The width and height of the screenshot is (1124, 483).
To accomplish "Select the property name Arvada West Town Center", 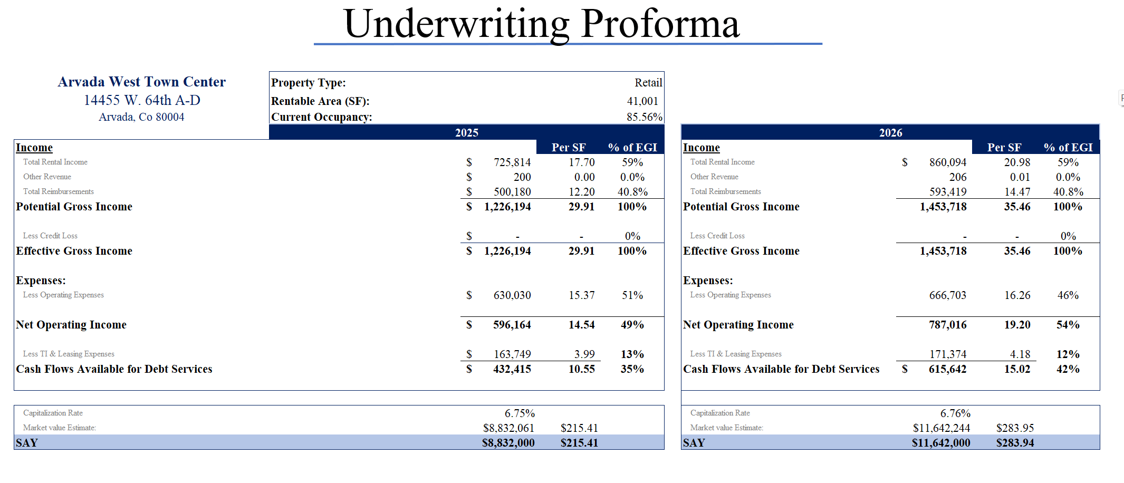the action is coord(141,82).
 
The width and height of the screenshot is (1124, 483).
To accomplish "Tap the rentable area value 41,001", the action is coord(642,101).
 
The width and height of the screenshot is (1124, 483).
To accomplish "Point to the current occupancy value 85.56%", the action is coord(644,117).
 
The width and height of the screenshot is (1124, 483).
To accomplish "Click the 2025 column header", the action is coord(466,133).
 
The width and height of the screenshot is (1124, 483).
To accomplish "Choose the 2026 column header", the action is coord(890,133).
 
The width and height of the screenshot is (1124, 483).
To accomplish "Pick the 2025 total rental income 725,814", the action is coord(512,162).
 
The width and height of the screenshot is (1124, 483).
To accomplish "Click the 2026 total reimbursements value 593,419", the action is coord(948,192).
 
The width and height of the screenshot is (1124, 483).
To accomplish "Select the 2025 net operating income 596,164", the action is coord(512,325).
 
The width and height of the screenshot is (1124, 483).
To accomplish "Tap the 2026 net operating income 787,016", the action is coord(947,325).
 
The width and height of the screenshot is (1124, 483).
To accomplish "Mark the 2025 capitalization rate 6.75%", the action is coord(520,413).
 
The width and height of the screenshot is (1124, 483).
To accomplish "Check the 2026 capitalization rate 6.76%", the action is coord(955,413).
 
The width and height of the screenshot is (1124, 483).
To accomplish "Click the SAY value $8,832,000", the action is coord(508,443).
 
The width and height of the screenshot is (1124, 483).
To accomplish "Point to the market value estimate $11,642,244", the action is coord(941,428).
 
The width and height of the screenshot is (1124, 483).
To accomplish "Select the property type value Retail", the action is coord(648,83).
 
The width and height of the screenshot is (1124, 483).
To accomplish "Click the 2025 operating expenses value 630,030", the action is coord(512,295).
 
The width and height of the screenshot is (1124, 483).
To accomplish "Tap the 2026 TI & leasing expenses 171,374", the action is coord(948,354).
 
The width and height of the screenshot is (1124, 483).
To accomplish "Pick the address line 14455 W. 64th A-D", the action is coord(142,100).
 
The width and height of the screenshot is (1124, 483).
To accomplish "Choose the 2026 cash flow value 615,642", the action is coord(947,369).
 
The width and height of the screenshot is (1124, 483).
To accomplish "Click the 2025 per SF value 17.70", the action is coord(581,162).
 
